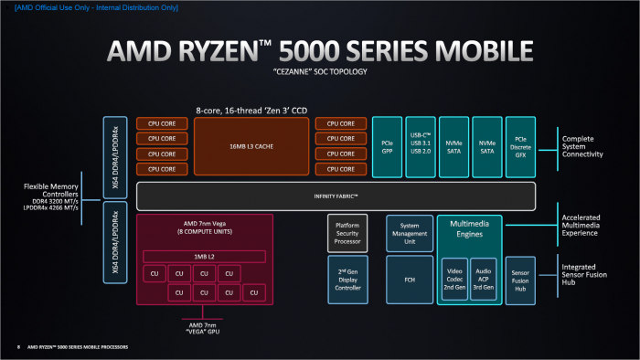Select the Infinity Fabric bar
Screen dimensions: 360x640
[x=336, y=196]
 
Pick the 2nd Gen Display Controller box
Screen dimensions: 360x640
[x=348, y=279]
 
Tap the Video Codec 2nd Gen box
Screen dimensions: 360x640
[x=455, y=279]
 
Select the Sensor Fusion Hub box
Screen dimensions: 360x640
[x=520, y=279]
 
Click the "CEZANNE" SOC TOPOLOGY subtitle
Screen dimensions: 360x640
[x=319, y=70]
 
